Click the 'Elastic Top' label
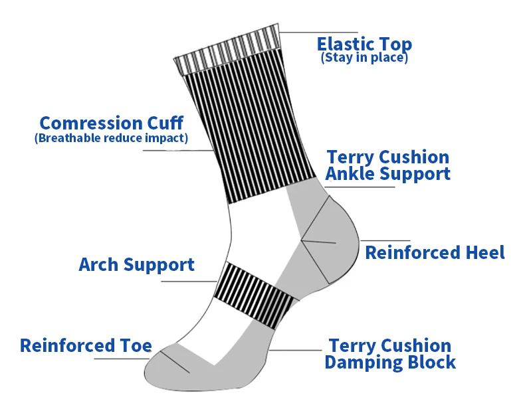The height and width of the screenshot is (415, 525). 364,44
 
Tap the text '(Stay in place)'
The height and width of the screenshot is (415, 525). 364,58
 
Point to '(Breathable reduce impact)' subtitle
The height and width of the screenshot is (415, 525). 111,138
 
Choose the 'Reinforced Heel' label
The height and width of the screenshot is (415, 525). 435,252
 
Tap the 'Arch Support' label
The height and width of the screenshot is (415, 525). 136,264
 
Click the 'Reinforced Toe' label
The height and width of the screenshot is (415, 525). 86,345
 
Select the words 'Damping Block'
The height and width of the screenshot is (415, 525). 390,363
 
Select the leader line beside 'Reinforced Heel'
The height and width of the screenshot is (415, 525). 385,240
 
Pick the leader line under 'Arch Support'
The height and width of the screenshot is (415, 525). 189,281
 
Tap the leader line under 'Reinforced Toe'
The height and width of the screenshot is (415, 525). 120,359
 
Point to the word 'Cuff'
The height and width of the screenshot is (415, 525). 164,124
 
